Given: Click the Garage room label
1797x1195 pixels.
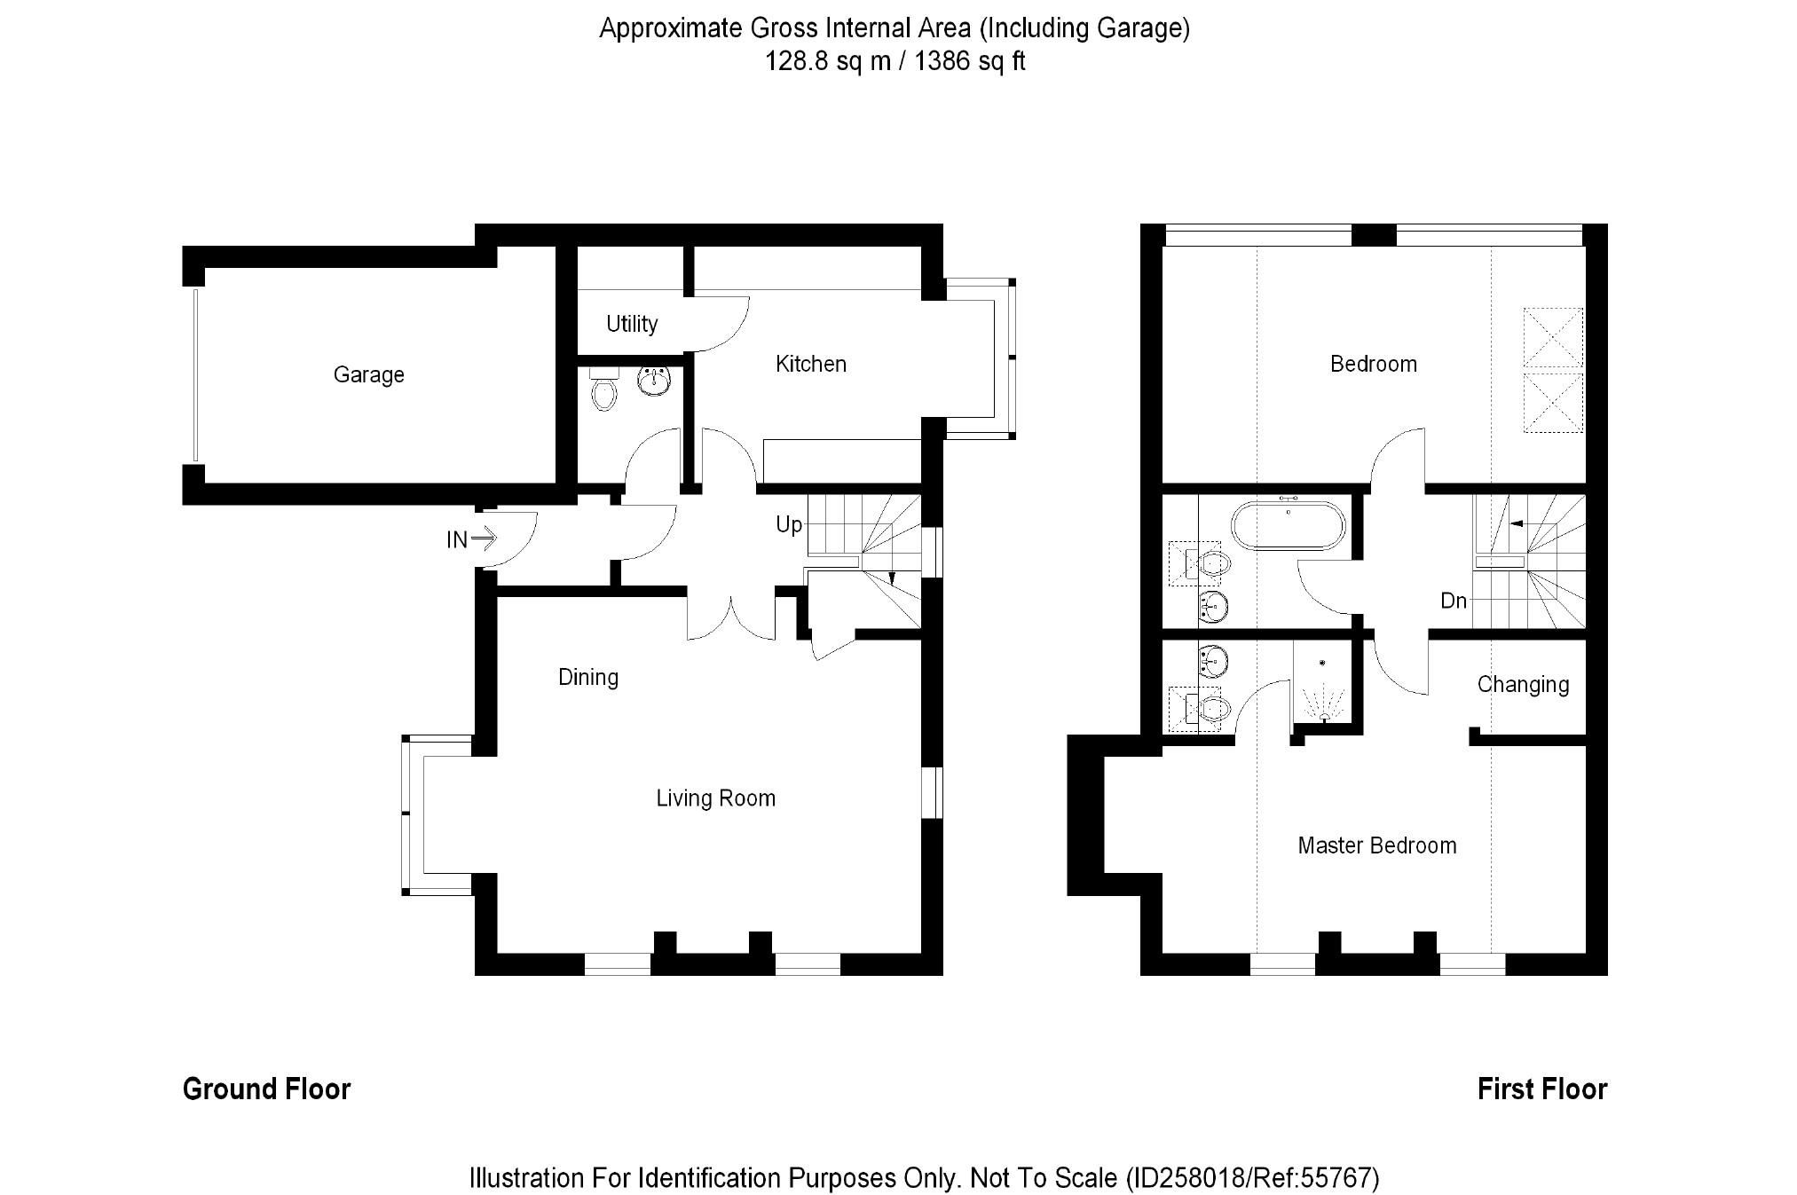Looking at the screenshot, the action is pos(368,375).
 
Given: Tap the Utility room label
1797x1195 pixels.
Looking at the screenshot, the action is pos(632,324).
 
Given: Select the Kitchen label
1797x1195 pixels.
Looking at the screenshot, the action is pos(810,364).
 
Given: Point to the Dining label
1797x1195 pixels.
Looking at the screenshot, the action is pos(587,677).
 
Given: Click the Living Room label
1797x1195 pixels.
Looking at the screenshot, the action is pos(715,798).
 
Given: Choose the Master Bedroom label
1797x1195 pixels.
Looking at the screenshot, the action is pos(1376,845).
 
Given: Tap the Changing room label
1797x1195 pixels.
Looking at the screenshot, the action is pos(1523,684).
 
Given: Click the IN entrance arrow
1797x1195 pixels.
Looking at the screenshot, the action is pos(484,538).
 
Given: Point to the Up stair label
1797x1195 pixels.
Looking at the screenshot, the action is pos(788,524).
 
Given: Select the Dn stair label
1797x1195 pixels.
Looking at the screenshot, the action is pos(1453,601).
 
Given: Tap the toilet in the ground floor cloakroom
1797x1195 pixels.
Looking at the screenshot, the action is pos(604,390).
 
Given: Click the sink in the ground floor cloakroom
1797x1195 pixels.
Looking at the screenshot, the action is pos(654,381).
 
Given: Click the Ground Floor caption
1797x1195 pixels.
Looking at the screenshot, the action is pos(266,1089).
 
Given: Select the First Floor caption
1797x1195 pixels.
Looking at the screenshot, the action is pos(1541,1089).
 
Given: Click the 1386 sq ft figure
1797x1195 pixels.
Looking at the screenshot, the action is pos(970,61).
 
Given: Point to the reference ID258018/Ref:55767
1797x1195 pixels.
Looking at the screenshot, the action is pos(1252,1178).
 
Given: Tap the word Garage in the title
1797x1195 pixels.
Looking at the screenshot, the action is pos(1139,28).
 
